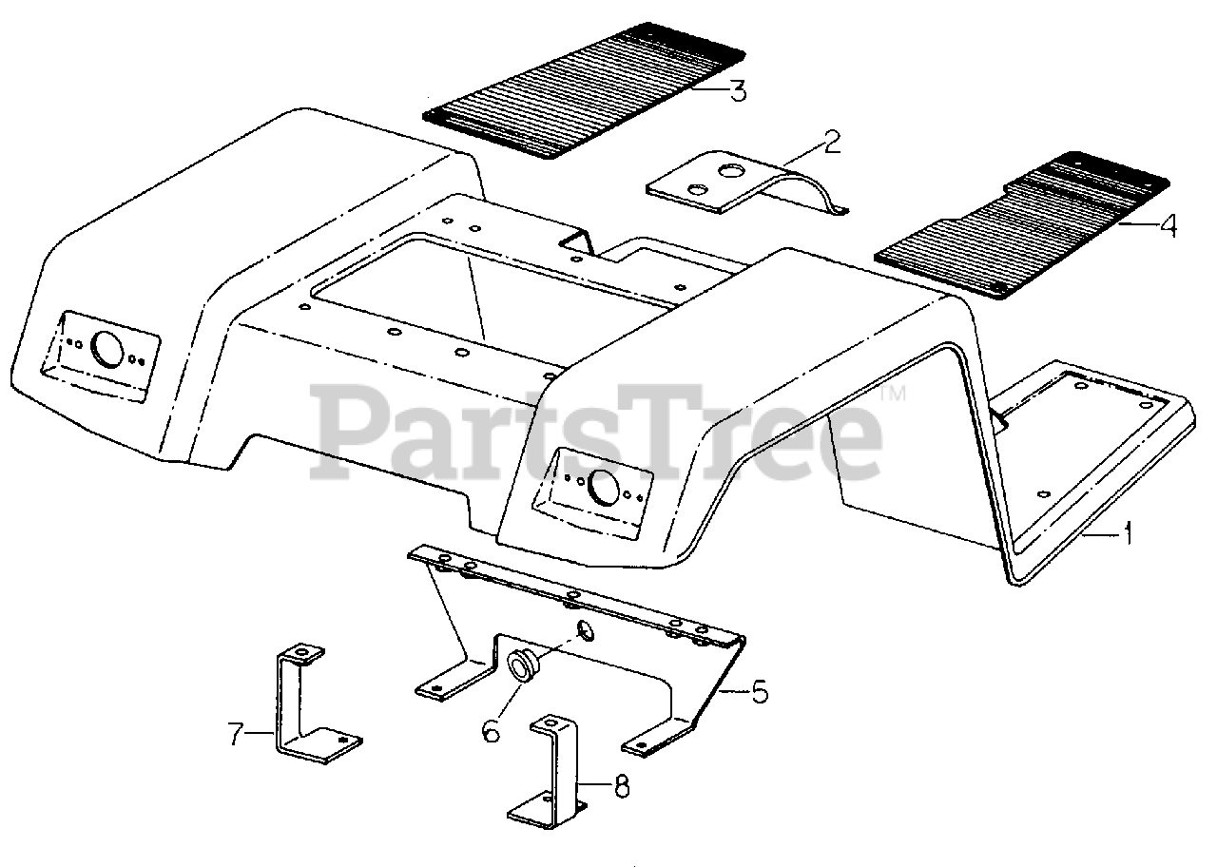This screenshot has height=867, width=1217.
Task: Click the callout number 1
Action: pyautogui.click(x=1128, y=534)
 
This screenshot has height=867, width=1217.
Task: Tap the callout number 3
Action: pyautogui.click(x=738, y=91)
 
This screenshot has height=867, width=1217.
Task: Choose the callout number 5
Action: pyautogui.click(x=759, y=691)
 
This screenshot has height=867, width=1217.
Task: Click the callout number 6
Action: pyautogui.click(x=491, y=731)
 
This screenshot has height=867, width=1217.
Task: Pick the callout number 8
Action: pyautogui.click(x=620, y=786)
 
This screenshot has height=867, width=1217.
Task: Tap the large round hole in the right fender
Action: pyautogui.click(x=602, y=487)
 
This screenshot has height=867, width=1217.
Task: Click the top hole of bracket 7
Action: pyautogui.click(x=302, y=653)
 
